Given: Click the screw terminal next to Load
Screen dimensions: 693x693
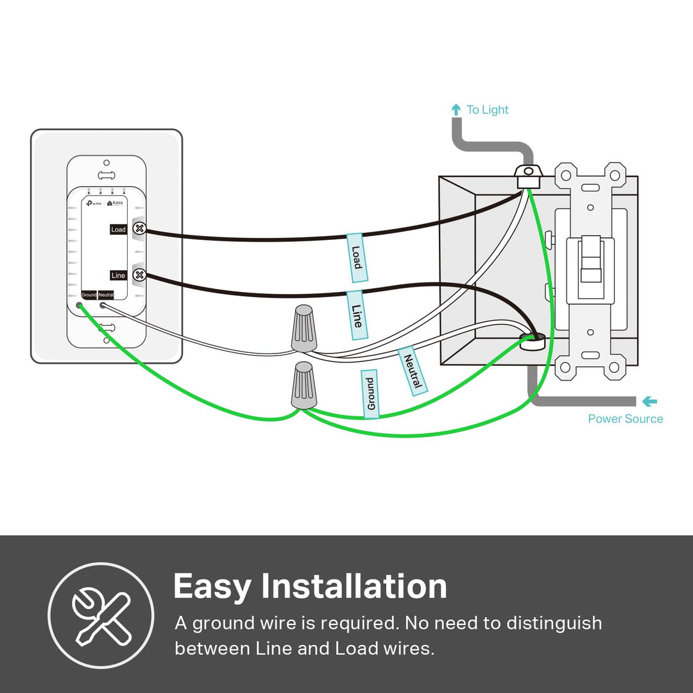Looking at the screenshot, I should pyautogui.click(x=139, y=228).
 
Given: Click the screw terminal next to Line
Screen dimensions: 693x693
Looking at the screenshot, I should pyautogui.click(x=139, y=275).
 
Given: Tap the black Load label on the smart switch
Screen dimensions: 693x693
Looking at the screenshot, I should pyautogui.click(x=118, y=229).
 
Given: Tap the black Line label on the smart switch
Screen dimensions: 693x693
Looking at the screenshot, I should pyautogui.click(x=118, y=275).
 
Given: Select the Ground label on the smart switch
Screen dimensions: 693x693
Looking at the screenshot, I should pyautogui.click(x=89, y=295).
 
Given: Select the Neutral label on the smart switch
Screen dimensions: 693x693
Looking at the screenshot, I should pyautogui.click(x=106, y=295).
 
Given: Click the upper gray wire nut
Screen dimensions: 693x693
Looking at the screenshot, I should pyautogui.click(x=304, y=328).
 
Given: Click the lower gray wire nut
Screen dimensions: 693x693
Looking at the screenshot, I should pyautogui.click(x=304, y=385).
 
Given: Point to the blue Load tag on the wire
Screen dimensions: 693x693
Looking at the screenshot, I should pyautogui.click(x=357, y=257).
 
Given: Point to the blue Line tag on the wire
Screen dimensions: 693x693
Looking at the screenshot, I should pyautogui.click(x=357, y=314).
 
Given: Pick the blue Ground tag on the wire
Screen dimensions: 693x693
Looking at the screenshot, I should pyautogui.click(x=370, y=394).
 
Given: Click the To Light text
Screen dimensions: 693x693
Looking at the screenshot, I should pyautogui.click(x=487, y=110).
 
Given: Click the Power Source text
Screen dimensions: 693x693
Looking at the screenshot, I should pyautogui.click(x=625, y=419).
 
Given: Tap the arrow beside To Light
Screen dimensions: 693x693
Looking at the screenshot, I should pyautogui.click(x=456, y=110).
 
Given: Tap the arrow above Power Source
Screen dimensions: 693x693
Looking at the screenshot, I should pyautogui.click(x=649, y=402).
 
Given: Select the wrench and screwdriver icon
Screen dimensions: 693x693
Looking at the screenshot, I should pyautogui.click(x=101, y=615).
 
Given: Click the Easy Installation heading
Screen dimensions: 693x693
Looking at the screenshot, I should pyautogui.click(x=310, y=586).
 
